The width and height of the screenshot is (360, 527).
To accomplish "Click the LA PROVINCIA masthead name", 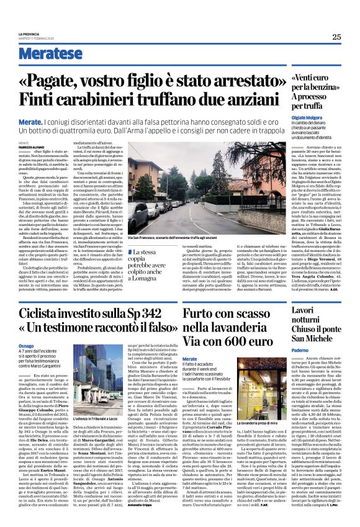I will (29, 34).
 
